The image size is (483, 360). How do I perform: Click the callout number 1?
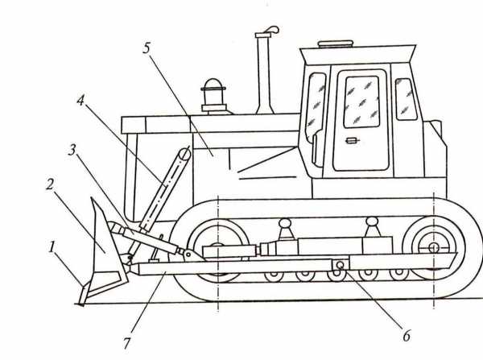click(52, 246)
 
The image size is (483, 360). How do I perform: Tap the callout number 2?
click(50, 184)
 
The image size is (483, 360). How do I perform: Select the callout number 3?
click(72, 150)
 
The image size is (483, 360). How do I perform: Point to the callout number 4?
click(80, 101)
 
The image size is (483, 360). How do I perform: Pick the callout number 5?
click(147, 48)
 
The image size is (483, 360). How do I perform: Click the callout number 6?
click(407, 336)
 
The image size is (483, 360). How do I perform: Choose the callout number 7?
click(126, 343)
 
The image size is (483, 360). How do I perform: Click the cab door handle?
click(353, 141)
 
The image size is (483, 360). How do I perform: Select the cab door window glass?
click(361, 101)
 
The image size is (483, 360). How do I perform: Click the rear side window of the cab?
click(406, 98)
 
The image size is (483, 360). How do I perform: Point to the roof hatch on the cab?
click(335, 44)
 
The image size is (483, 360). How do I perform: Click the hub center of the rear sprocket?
click(434, 247)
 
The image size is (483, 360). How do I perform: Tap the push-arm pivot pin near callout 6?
click(341, 265)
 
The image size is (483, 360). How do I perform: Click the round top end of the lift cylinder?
click(184, 154)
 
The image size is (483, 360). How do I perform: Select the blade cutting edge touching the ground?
click(83, 296)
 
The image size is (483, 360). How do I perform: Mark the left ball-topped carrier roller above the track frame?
click(285, 229)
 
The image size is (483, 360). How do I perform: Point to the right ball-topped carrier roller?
click(372, 226)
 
